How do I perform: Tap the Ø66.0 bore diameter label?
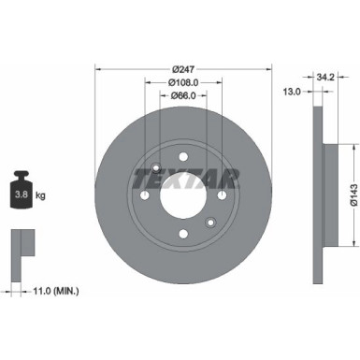coord(183,96)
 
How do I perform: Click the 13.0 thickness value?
coord(293,92)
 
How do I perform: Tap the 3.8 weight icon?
coord(21,192)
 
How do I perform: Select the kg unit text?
coord(43,194)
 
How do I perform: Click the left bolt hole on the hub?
coord(145,196)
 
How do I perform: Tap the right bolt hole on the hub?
coord(222,196)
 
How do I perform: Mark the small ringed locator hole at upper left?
coord(154,169)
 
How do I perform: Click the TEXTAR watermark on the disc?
coord(183,173)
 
